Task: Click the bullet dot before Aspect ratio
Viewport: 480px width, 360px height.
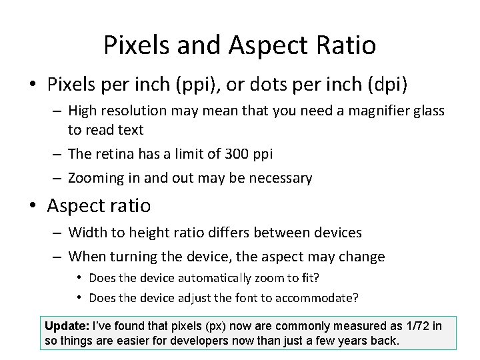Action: [x=32, y=206]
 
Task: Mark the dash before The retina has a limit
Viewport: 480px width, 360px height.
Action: [x=57, y=154]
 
